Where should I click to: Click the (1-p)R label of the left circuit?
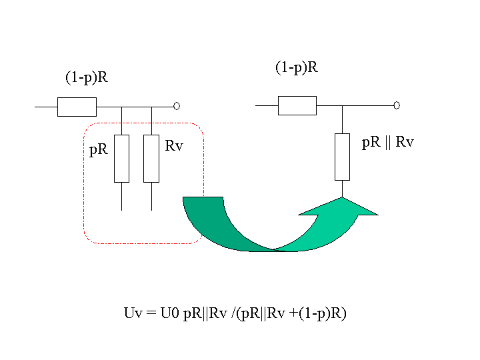pos(87,78)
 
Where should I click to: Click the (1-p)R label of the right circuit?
pos(297,67)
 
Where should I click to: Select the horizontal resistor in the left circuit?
pos(77,107)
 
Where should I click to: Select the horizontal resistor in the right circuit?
pos(297,105)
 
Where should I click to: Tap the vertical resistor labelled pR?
pos(121,159)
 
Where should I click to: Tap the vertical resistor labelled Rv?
pos(151,159)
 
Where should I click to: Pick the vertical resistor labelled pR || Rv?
pos(342,157)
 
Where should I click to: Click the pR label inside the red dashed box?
pos(98,150)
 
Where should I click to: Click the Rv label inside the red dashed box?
pos(174,146)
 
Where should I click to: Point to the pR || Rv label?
pos(387,143)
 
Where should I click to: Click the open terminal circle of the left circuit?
pos(177,106)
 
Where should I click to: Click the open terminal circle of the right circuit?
pos(397,105)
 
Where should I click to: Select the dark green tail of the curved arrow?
pos(221,227)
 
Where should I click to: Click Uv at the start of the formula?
pos(133,313)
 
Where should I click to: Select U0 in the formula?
pos(169,313)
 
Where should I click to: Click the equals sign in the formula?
pos(151,313)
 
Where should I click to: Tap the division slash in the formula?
pos(234,313)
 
